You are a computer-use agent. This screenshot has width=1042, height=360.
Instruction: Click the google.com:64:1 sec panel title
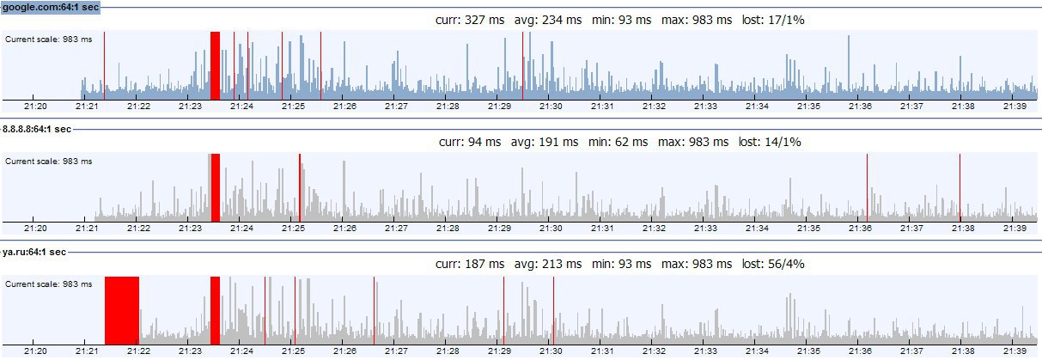[x=51, y=7]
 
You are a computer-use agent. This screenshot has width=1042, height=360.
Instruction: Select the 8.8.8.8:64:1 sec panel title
[x=36, y=129]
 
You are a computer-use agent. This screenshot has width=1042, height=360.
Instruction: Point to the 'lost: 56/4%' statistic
[x=771, y=264]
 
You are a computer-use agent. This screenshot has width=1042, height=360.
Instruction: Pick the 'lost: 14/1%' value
[x=770, y=142]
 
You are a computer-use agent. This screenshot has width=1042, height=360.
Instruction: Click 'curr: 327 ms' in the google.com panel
[x=472, y=19]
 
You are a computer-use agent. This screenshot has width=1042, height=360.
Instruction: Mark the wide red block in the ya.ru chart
[x=121, y=309]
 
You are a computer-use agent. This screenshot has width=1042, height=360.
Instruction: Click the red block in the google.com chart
[x=215, y=64]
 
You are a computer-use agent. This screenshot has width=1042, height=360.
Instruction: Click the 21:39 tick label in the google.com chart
[x=1015, y=107]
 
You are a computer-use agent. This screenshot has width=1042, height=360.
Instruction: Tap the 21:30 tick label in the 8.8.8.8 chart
[x=551, y=229]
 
